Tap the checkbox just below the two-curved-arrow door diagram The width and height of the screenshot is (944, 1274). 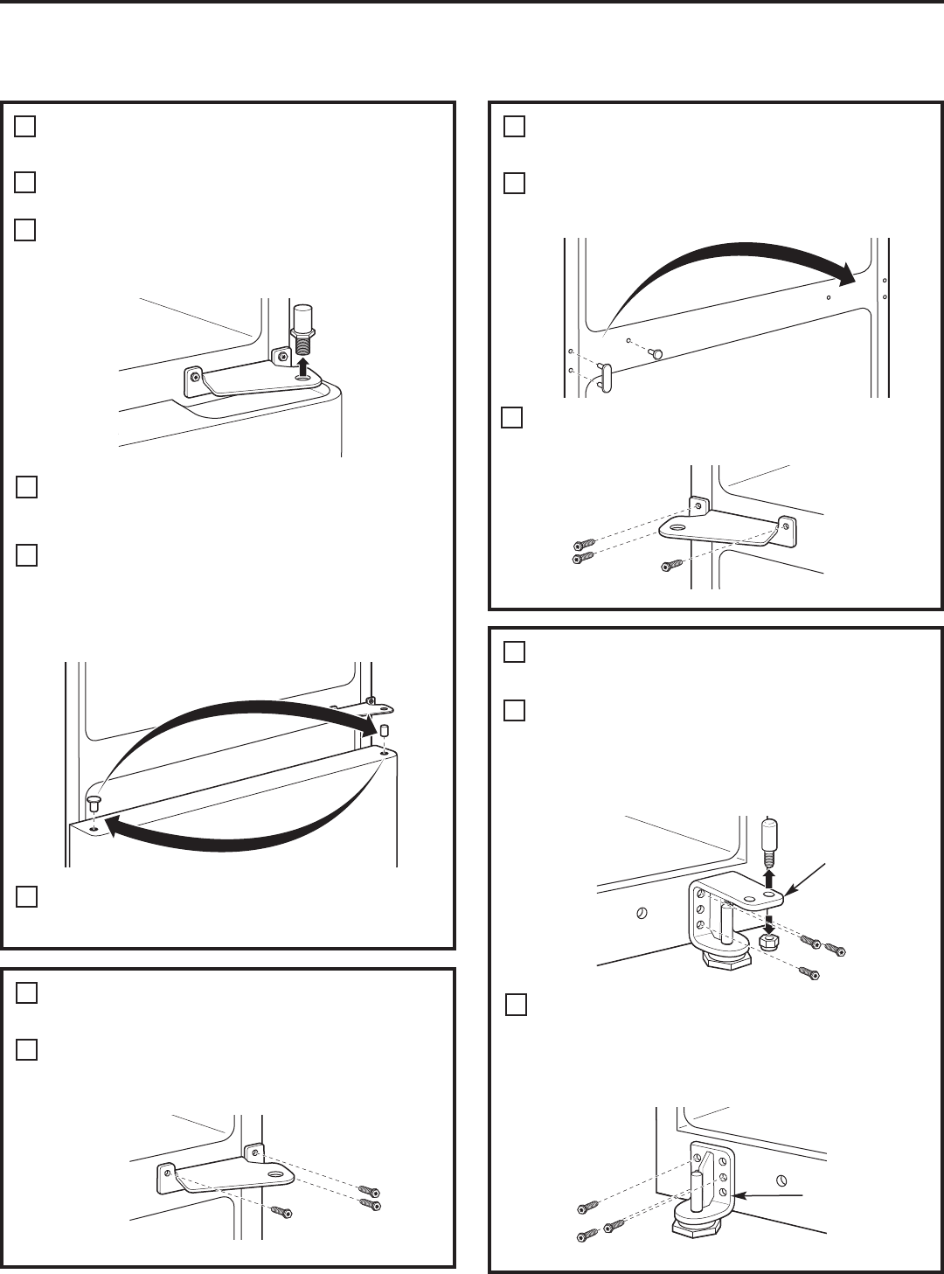[x=26, y=897]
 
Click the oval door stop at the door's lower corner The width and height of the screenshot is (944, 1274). [x=604, y=378]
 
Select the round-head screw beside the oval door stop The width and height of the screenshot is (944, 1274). [x=657, y=351]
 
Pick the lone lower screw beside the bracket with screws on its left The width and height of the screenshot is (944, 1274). [x=670, y=566]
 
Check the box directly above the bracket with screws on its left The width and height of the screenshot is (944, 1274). [x=512, y=418]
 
